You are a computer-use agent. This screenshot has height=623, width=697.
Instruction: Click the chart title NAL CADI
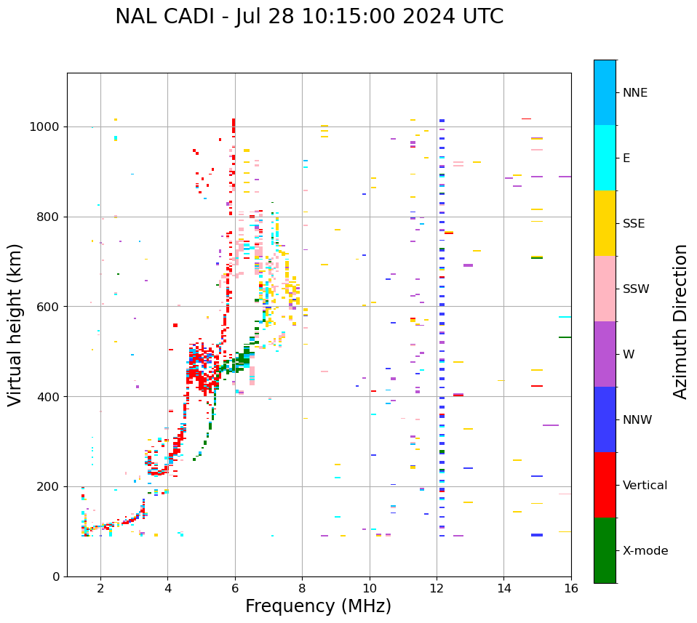point(308,17)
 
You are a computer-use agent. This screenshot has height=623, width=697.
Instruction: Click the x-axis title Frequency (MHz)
point(318,606)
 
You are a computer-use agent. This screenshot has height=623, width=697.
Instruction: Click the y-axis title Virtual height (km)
point(15,325)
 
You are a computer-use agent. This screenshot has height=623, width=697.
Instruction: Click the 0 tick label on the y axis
point(57,576)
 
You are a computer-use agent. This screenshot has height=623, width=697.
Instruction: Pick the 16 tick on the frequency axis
point(571,588)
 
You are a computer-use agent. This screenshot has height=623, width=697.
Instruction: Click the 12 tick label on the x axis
point(437,588)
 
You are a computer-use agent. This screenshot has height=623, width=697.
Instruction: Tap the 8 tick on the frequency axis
point(302,588)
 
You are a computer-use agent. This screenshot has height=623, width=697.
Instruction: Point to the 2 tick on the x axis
point(100,588)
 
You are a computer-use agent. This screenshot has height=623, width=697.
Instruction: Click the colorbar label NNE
point(634,93)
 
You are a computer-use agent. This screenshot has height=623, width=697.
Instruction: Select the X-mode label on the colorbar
point(645,551)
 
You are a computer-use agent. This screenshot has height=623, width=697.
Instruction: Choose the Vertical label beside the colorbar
point(645,486)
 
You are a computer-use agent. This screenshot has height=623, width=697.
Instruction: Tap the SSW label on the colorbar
point(636,289)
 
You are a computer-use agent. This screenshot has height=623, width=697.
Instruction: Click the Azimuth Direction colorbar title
point(680,321)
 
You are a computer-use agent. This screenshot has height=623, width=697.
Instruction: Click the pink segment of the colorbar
point(605,289)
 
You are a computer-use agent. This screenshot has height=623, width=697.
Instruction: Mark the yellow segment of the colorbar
point(605,223)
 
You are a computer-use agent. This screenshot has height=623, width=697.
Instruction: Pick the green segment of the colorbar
point(605,550)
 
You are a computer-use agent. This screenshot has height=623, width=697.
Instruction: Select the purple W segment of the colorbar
point(605,354)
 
